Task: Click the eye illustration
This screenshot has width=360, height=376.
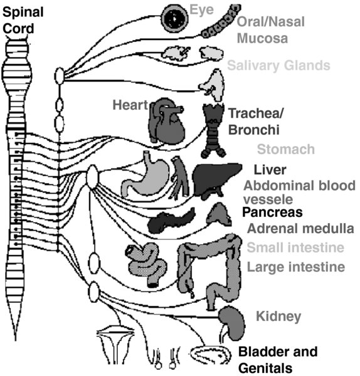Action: (174, 18)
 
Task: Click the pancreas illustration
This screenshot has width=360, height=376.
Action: (171, 220)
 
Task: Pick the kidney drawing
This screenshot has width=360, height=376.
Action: (231, 323)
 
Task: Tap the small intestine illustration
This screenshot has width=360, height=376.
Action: (146, 264)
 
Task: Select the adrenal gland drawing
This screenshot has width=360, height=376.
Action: (219, 214)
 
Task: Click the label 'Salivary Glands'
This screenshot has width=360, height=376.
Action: (278, 65)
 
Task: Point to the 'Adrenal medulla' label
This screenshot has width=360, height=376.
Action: (300, 229)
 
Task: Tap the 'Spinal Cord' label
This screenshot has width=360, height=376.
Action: (23, 21)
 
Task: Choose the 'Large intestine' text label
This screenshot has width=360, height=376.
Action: (296, 267)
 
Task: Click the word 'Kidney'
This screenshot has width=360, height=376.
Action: (278, 316)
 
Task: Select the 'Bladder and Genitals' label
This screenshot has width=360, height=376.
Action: (278, 360)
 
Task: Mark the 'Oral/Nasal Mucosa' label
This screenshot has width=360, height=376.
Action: (271, 30)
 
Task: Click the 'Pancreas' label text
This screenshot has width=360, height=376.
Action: (272, 212)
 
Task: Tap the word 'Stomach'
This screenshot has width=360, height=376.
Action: (286, 149)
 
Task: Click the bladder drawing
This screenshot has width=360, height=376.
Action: (211, 355)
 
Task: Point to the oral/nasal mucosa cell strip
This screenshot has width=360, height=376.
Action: (221, 21)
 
